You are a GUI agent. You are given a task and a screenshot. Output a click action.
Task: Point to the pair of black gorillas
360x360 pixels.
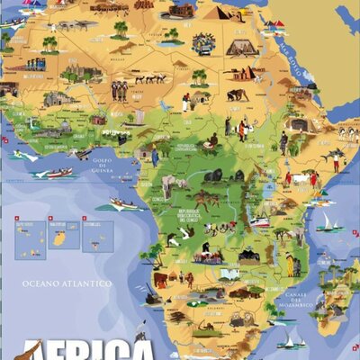click(212, 175)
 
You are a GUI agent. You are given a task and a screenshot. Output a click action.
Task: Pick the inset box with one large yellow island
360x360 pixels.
click(63, 236)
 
